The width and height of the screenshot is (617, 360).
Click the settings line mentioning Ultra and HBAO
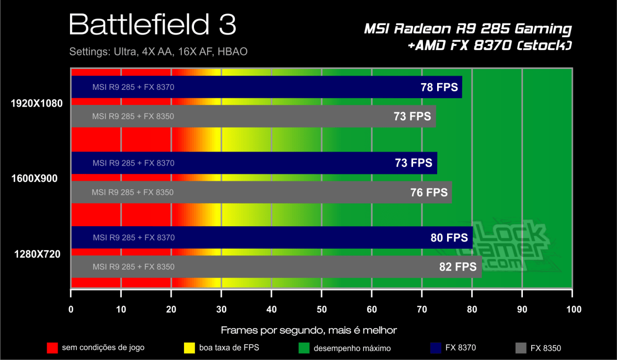coord(158,52)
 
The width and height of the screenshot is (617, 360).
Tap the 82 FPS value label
coord(458,267)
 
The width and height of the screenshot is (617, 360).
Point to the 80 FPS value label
coord(449,238)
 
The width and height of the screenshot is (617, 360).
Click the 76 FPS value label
coord(429,192)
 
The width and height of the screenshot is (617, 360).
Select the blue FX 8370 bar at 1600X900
coord(254,163)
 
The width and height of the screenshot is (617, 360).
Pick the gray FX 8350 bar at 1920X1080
coord(253,117)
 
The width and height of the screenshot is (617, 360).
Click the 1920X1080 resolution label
coord(37,103)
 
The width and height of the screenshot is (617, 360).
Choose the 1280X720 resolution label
coord(37,254)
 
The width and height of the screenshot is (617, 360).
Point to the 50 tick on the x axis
coord(322,309)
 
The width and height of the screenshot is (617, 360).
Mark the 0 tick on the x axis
coord(71,309)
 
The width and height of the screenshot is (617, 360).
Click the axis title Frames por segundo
coord(308,330)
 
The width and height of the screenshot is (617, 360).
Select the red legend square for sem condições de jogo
coord(52,348)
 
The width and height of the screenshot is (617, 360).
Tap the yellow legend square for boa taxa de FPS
coord(190,348)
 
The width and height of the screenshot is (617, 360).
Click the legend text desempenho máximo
coord(352,348)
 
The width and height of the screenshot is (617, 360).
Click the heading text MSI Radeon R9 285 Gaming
coord(467,29)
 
